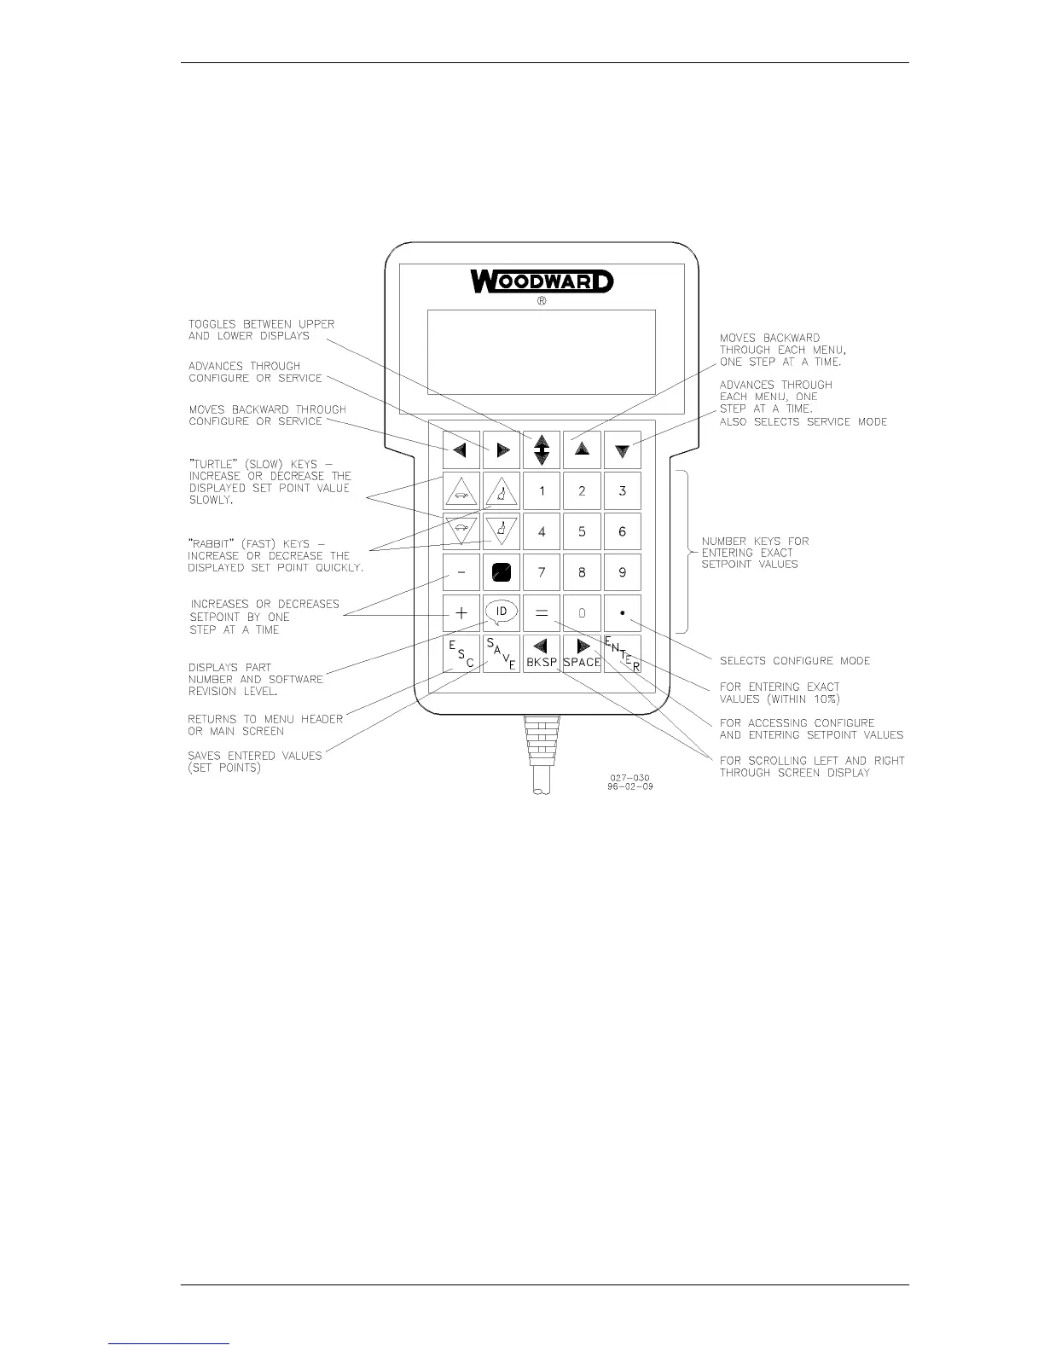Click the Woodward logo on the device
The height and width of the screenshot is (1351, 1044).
tap(542, 281)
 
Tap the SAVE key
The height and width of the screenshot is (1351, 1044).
tap(501, 654)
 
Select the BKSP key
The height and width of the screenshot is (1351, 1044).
tap(542, 654)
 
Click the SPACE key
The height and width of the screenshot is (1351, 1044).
tap(582, 654)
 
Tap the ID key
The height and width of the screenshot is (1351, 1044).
tap(502, 612)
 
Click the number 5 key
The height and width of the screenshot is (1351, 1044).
tap(582, 531)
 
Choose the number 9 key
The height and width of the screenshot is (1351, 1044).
tap(623, 572)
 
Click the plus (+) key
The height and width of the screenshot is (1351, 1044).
tap(461, 612)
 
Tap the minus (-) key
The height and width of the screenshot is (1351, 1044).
tap(461, 572)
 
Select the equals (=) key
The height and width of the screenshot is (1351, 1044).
tap(542, 612)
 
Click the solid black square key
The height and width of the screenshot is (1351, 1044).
tap(502, 572)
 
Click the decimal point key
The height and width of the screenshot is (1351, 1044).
tap(623, 612)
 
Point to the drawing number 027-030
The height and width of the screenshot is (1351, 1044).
tap(629, 777)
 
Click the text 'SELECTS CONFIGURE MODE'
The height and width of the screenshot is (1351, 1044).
tap(795, 661)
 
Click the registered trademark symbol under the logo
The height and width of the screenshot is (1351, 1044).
tap(542, 302)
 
